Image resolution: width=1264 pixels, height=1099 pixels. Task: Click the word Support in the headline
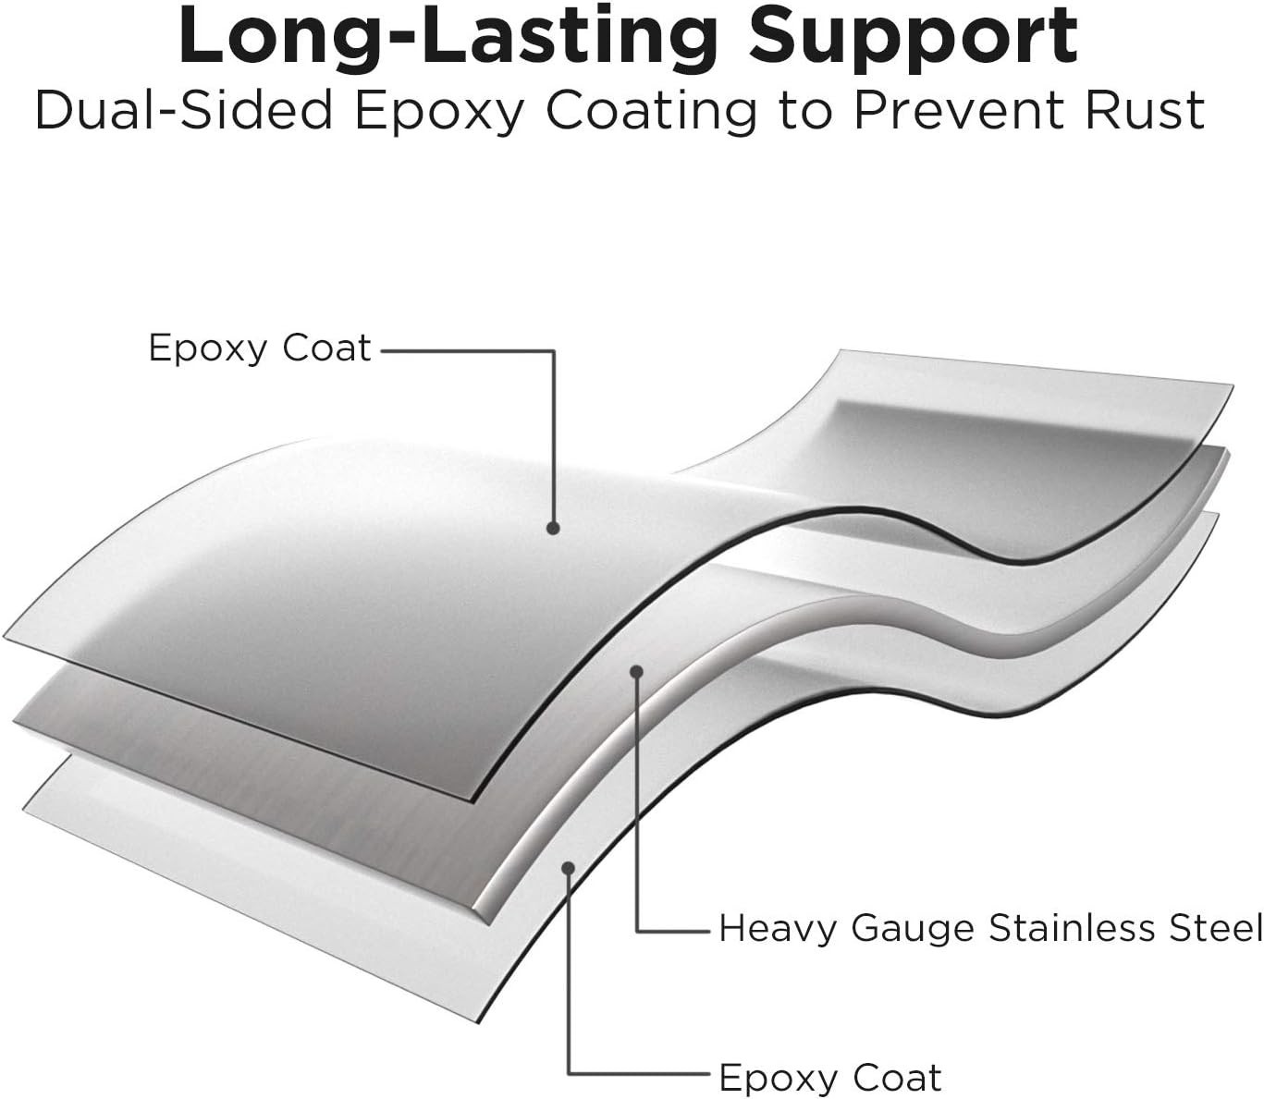click(x=914, y=38)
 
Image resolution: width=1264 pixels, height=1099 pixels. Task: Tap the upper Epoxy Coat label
click(x=260, y=349)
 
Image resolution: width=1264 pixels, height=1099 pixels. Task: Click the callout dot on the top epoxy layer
click(x=554, y=528)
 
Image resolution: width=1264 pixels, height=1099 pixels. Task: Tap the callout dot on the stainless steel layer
click(x=637, y=671)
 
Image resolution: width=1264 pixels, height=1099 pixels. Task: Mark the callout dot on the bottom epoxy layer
click(x=569, y=869)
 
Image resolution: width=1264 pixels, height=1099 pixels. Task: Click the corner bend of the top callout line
click(x=554, y=351)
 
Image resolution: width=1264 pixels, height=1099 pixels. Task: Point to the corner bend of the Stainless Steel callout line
click(x=637, y=932)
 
